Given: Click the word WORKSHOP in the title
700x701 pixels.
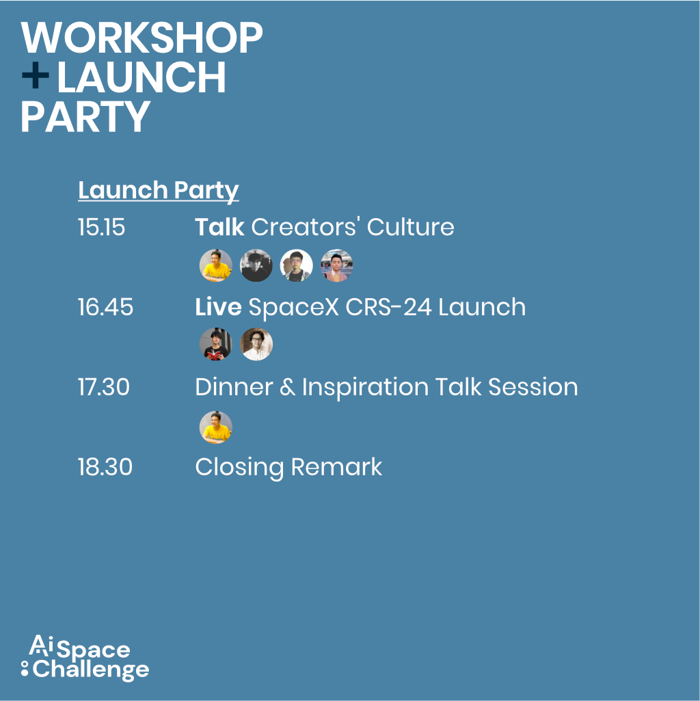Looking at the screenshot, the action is (x=142, y=38).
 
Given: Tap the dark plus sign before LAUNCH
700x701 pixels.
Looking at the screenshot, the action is (x=36, y=75).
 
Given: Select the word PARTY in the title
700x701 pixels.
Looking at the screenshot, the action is (x=85, y=116).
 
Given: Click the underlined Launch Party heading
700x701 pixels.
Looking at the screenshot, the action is (x=158, y=191).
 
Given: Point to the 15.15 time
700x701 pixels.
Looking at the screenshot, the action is (x=101, y=227).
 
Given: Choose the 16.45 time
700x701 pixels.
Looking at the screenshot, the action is (x=105, y=307).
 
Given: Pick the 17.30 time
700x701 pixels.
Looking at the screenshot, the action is (x=104, y=386).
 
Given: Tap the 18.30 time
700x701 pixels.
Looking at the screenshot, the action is (x=105, y=466).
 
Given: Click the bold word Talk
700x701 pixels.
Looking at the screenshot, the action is (x=219, y=226).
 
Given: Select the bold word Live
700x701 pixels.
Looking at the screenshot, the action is (x=218, y=307).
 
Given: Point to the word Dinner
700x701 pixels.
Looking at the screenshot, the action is (x=234, y=386).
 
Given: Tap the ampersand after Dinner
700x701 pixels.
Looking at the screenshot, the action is (x=287, y=387).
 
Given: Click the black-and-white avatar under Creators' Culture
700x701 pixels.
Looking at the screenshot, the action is (x=256, y=265).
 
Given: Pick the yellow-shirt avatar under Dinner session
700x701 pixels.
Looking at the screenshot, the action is (x=216, y=427).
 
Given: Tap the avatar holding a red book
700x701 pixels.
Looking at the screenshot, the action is (x=216, y=344).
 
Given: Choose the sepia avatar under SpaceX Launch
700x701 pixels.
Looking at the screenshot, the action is (x=256, y=344).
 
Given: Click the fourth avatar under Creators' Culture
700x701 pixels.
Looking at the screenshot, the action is (x=336, y=265).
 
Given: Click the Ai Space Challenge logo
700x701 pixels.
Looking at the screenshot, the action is (x=85, y=658).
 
